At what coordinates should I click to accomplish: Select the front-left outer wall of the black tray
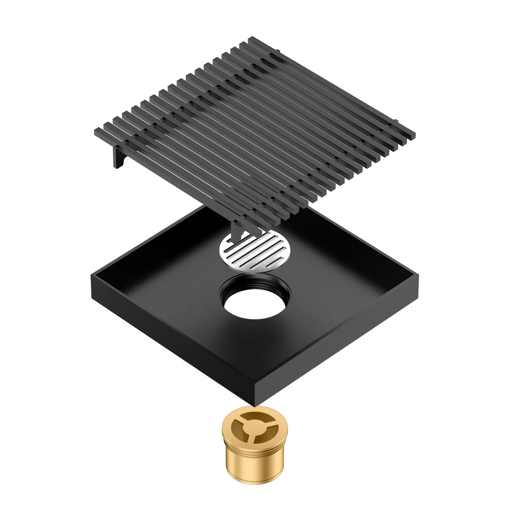point(169,343)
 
